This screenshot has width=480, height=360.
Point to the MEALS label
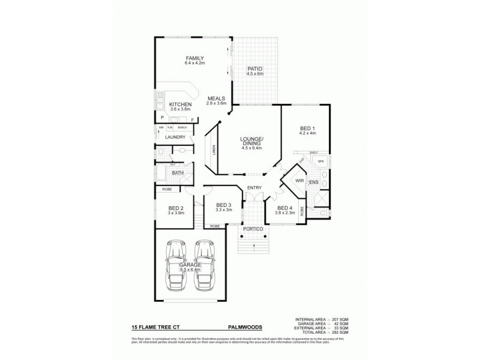pyautogui.click(x=216, y=99)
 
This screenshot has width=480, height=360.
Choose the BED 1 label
pyautogui.click(x=307, y=128)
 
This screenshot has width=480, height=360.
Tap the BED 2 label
pyautogui.click(x=175, y=208)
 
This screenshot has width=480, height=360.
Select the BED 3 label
pyautogui.click(x=224, y=206)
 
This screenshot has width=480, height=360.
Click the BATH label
pyautogui.click(x=178, y=173)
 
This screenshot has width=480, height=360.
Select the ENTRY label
pyautogui.click(x=254, y=188)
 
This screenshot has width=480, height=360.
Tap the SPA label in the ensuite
pyautogui.click(x=320, y=161)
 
